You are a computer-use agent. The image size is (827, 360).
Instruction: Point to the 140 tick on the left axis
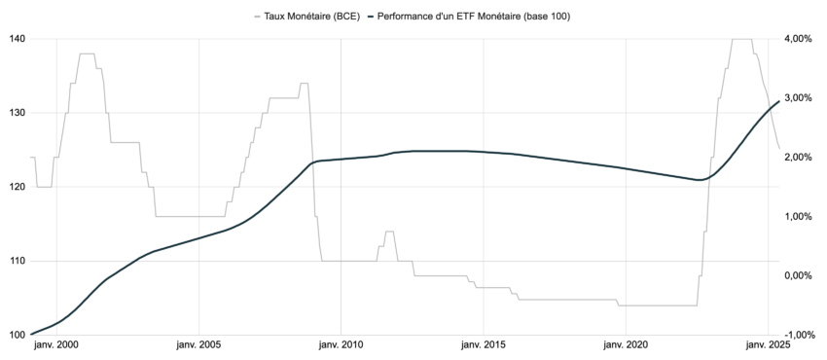click(x=17, y=39)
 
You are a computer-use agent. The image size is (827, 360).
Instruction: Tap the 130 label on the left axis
click(x=17, y=113)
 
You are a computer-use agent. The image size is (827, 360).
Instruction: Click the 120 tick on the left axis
click(x=17, y=187)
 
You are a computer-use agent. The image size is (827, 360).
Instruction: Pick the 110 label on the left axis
click(x=17, y=261)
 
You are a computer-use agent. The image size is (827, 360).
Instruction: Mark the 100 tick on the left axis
click(x=17, y=335)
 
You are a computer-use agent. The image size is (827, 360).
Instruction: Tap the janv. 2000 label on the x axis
click(x=56, y=345)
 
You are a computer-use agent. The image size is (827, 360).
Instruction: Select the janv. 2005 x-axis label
click(x=198, y=345)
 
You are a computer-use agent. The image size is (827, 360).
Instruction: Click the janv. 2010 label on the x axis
click(x=341, y=345)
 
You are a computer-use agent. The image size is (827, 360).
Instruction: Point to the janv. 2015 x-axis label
click(x=483, y=345)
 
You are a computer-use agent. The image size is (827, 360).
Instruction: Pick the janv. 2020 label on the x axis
click(x=625, y=345)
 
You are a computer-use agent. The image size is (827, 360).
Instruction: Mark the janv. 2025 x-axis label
click(x=767, y=345)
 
